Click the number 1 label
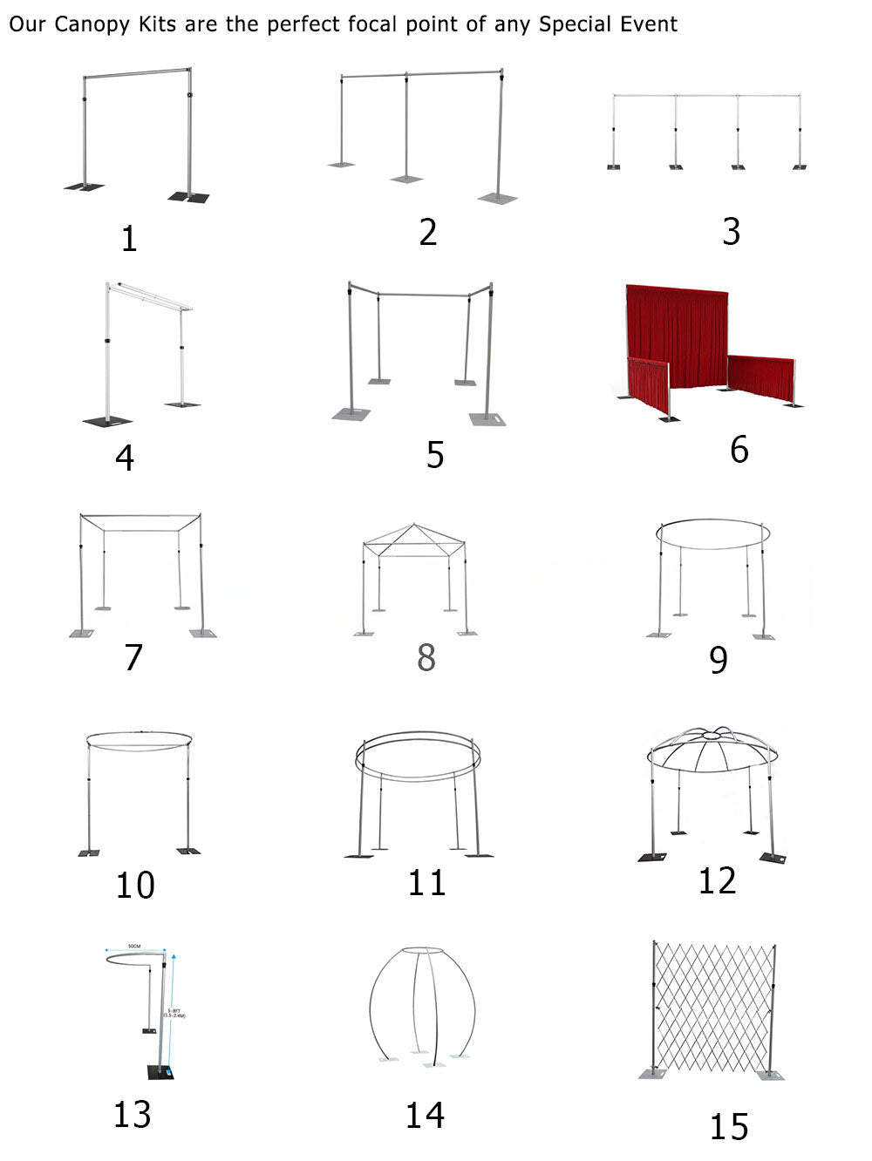(129, 239)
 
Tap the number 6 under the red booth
(739, 450)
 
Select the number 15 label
(728, 1127)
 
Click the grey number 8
(426, 657)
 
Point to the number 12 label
(717, 881)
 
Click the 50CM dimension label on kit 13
(134, 946)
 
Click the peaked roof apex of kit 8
(414, 526)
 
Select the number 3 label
(731, 232)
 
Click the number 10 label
(135, 886)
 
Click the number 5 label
(435, 455)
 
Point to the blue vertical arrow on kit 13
(174, 1011)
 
